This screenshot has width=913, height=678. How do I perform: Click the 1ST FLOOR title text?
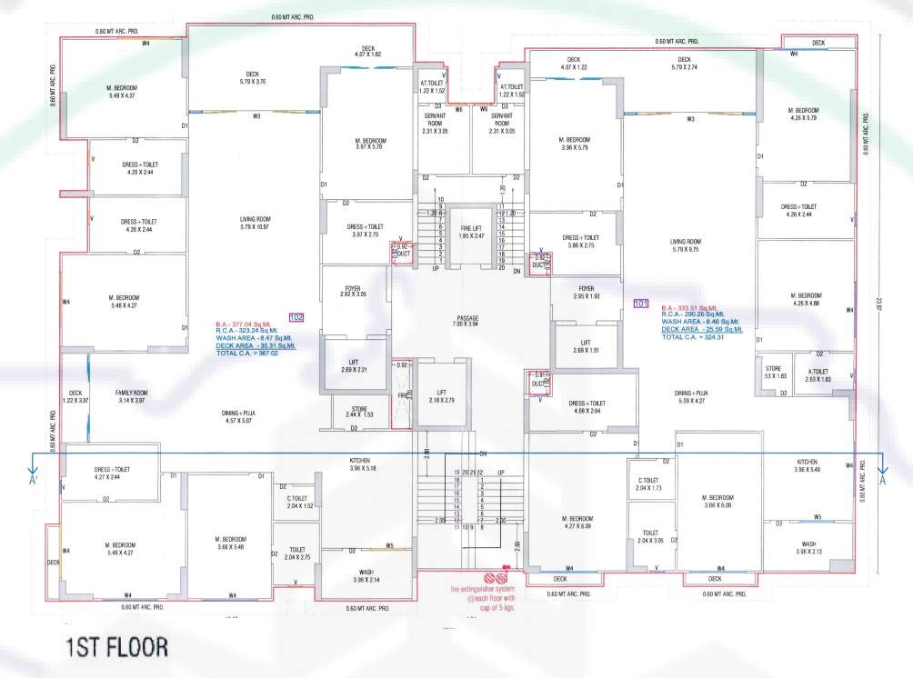coord(115,648)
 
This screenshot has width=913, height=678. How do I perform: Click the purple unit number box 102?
coord(295,316)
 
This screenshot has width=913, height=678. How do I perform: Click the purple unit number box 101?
coord(640,304)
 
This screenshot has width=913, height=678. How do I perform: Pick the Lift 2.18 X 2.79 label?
coord(438,395)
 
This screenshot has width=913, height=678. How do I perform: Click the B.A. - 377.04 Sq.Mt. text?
coord(243,324)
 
